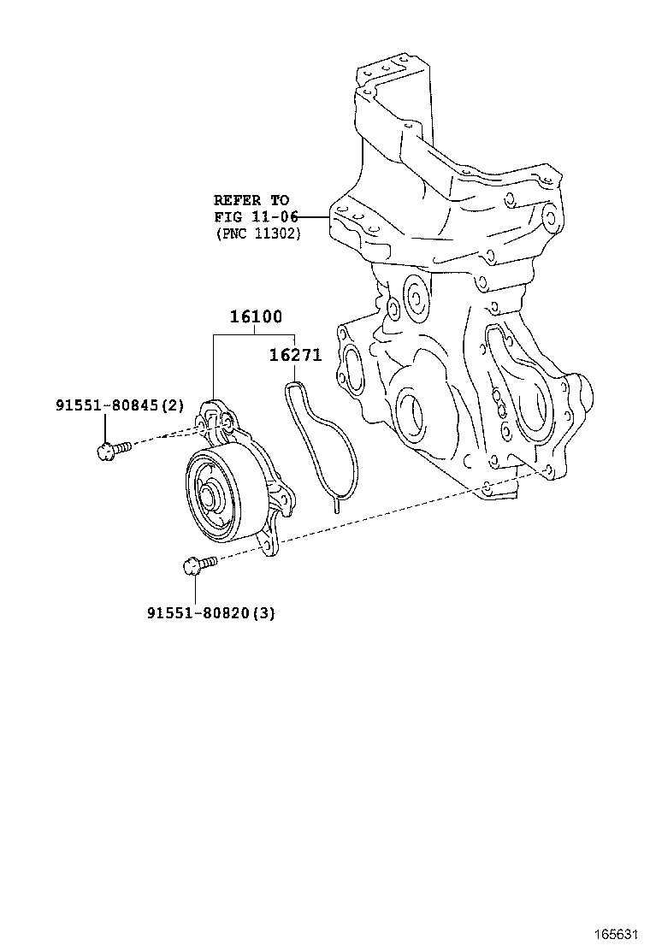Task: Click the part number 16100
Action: [255, 317]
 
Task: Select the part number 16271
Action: [295, 355]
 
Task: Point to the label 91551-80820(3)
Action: [210, 612]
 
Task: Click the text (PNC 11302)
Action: [257, 233]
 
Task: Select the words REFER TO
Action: [251, 201]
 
